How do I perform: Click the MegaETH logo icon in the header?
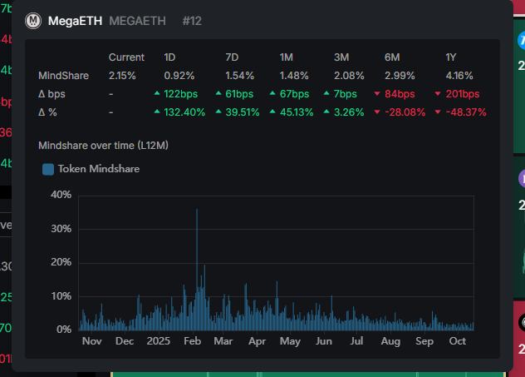point(34,21)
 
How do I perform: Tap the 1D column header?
point(169,57)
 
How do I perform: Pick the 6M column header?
point(393,57)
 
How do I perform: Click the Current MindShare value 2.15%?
point(123,76)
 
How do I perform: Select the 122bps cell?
point(180,94)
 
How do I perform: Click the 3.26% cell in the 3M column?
point(348,112)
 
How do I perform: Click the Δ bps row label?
point(52,94)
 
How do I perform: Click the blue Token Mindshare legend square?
point(48,169)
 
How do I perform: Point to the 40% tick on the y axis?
point(61,195)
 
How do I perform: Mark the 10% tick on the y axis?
point(61,296)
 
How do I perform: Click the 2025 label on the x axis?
point(158,341)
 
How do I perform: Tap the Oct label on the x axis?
point(457,341)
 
